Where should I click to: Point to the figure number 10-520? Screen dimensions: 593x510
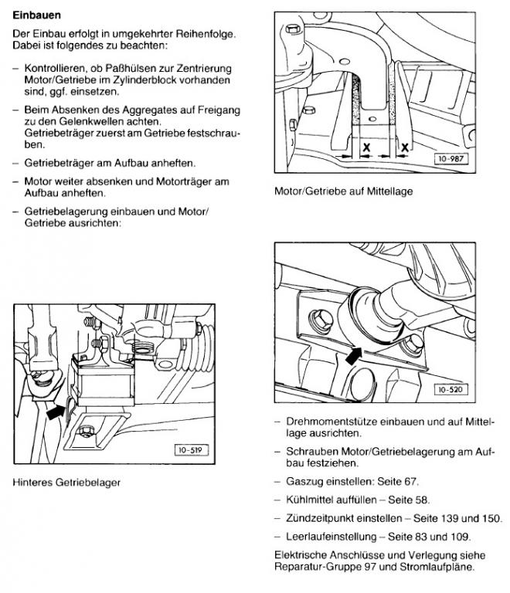pos(450,390)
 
